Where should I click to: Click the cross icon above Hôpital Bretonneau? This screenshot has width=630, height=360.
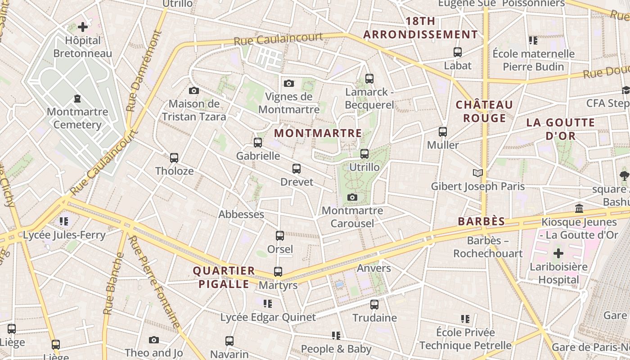pos(83,27)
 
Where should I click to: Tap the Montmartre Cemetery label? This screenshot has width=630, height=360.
pos(77,118)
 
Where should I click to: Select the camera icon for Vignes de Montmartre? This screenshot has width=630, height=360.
pos(289,83)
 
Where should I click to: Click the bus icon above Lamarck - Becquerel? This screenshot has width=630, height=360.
pos(369,79)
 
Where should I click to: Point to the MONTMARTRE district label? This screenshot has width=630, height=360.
pos(318,133)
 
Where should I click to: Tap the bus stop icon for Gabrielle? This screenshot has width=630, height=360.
pos(258,143)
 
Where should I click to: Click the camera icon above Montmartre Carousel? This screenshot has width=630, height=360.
pos(352,197)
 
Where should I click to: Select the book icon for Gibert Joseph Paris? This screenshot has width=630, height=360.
pos(477,173)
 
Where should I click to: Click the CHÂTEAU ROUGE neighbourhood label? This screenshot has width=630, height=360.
pos(484,111)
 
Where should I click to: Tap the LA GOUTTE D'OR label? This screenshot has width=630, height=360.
pos(560,129)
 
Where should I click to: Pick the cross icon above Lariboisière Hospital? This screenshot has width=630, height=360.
pos(558,253)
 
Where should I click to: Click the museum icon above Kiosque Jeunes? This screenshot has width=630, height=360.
pos(579,209)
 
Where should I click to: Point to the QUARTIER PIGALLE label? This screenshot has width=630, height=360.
pos(224,277)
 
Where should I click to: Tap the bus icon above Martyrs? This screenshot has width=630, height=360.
pos(278,272)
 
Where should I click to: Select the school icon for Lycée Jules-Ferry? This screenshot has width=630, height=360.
pos(63,221)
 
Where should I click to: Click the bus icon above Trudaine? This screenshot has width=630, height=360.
pos(374,305)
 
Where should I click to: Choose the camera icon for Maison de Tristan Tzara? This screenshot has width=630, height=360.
pos(194,91)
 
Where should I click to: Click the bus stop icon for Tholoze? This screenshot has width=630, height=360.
pos(174,158)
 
